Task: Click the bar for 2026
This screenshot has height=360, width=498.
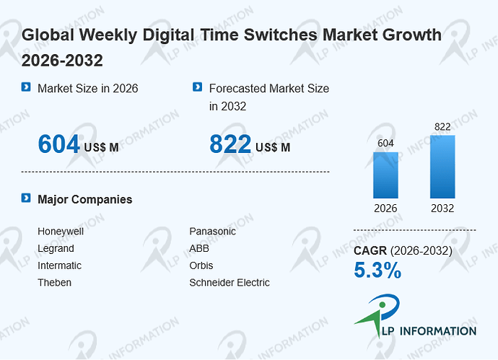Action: pyautogui.click(x=385, y=175)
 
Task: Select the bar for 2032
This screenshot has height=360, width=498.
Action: pyautogui.click(x=442, y=167)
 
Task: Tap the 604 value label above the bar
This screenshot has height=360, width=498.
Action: pyautogui.click(x=385, y=143)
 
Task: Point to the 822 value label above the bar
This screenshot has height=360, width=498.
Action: pyautogui.click(x=442, y=127)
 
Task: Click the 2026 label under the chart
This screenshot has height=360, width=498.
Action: pyautogui.click(x=385, y=208)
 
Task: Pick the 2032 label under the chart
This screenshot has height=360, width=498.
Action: pyautogui.click(x=442, y=208)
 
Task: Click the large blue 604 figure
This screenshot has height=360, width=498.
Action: pyautogui.click(x=58, y=144)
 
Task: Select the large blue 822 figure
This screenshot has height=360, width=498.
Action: pyautogui.click(x=230, y=144)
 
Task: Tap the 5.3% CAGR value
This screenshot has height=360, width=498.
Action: pyautogui.click(x=377, y=270)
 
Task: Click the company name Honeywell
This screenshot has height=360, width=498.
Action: pyautogui.click(x=61, y=232)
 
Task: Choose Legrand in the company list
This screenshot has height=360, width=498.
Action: pyautogui.click(x=56, y=249)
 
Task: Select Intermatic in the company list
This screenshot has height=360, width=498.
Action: pyautogui.click(x=59, y=265)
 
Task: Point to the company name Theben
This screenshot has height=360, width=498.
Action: pyautogui.click(x=54, y=283)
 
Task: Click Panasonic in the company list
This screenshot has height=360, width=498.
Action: pyautogui.click(x=212, y=232)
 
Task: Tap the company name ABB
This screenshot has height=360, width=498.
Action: pyautogui.click(x=199, y=248)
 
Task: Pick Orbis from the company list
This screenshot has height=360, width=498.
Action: pyautogui.click(x=201, y=265)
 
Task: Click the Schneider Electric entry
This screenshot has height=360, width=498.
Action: pyautogui.click(x=230, y=283)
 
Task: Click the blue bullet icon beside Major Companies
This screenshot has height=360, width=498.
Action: pyautogui.click(x=26, y=198)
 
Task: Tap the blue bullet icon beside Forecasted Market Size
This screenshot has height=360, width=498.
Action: pyautogui.click(x=197, y=87)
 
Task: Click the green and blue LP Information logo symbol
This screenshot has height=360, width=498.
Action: pyautogui.click(x=377, y=315)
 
